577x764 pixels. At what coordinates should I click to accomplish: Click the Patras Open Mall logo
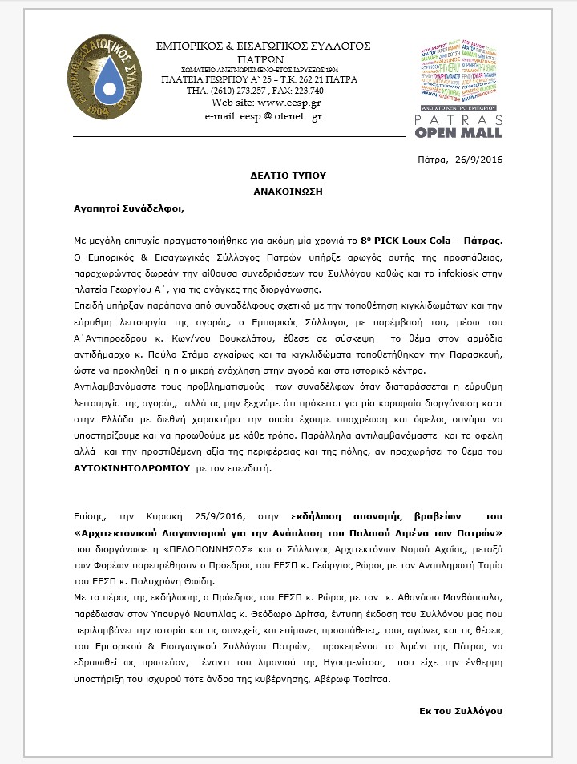(460, 88)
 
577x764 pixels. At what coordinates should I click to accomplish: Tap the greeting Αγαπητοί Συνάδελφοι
(129, 209)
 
